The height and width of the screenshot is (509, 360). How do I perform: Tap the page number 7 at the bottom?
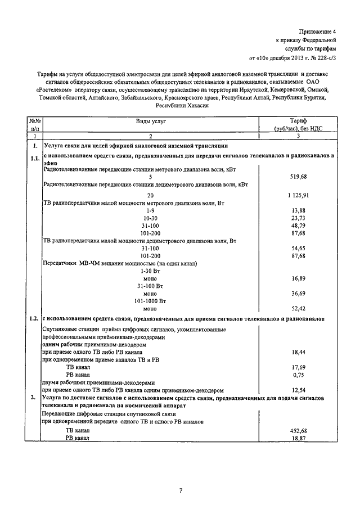180,491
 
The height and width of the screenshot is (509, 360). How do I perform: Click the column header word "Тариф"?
298,121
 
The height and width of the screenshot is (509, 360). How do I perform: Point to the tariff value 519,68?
298,177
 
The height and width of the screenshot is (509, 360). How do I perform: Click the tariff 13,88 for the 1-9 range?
299,210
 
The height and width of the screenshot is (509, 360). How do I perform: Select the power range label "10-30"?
150,218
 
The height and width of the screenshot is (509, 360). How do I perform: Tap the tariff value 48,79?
299,225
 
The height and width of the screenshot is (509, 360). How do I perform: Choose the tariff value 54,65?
299,248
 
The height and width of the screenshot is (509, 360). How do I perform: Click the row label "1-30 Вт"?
150,271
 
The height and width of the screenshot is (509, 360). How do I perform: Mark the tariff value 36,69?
299,294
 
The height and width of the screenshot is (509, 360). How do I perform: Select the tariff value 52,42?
299,309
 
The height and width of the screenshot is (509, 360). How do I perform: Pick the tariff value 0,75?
299,374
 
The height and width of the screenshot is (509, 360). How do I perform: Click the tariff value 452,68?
298,430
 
